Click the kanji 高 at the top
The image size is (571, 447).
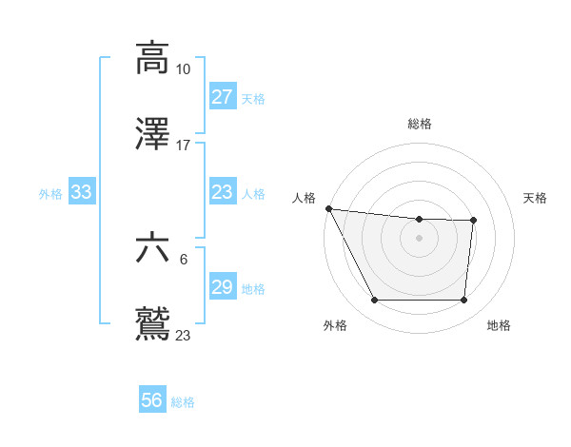152,57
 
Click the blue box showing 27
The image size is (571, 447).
222,96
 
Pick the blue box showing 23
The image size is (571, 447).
222,192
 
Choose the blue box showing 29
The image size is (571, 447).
222,287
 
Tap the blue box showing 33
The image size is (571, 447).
81,192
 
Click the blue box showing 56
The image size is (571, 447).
152,400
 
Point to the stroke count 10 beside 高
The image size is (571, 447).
183,69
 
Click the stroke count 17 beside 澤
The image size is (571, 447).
183,146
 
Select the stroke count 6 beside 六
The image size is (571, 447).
183,259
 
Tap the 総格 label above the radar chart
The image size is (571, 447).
420,124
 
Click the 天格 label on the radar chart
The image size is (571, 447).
536,198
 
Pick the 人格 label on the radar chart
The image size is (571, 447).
303,198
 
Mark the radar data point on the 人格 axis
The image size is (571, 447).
329,208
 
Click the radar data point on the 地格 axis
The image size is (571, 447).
463,301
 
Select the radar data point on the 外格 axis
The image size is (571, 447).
375,301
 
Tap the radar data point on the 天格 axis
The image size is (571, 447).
473,221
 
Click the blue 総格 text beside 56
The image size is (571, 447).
183,402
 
